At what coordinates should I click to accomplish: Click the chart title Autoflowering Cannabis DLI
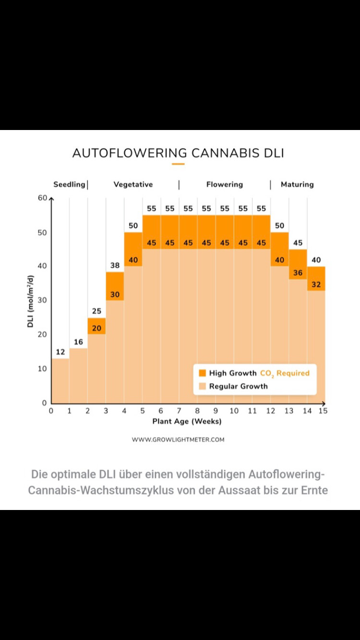point(178,153)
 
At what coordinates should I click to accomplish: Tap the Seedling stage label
point(69,184)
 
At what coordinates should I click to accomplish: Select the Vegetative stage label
point(133,184)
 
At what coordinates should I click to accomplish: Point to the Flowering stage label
point(225,184)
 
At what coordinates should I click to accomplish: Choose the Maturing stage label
point(297,184)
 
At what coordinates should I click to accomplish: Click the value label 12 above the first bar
point(60,352)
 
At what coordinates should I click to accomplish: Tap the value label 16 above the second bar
point(78,342)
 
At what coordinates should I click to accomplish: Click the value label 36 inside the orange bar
point(298,273)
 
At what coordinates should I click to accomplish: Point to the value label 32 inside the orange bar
point(316,284)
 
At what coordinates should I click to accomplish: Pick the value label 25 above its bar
point(96,311)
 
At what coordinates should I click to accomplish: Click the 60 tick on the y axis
point(43,198)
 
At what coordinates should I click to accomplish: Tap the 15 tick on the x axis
point(323,411)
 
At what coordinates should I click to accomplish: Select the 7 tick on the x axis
point(179,411)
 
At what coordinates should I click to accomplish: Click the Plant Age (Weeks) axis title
point(187,421)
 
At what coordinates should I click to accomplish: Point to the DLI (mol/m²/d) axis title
point(31,301)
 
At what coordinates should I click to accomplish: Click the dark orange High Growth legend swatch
point(202,373)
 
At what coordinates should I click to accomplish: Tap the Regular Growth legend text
point(239,386)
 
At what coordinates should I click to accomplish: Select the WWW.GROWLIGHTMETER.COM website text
point(178,439)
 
